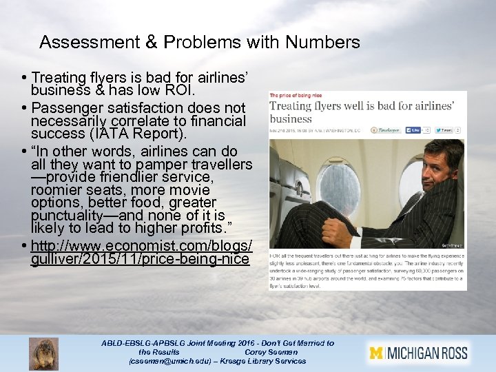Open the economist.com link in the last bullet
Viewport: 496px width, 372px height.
click(x=141, y=253)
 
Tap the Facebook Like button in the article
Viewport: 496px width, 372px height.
click(x=413, y=130)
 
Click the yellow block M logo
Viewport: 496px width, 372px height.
click(x=375, y=353)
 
